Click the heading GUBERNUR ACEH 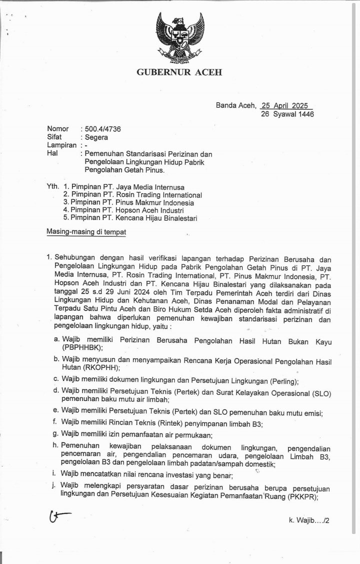pos(179,72)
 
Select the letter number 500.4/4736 pos(100,129)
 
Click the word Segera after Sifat pos(96,137)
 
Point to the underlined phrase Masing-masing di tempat pos(86,232)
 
